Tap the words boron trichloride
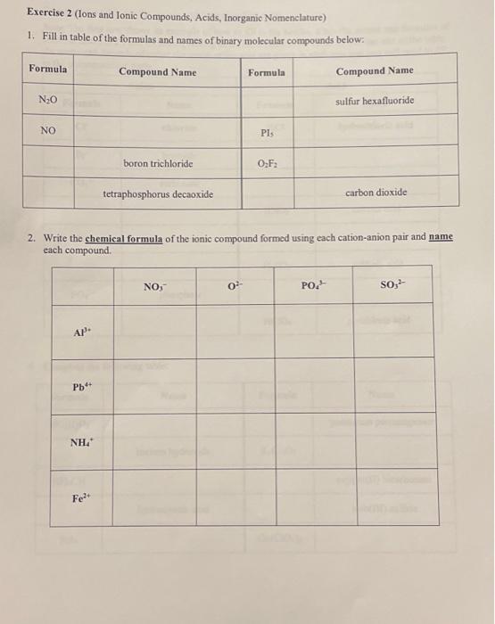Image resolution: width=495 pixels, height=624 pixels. coord(158,164)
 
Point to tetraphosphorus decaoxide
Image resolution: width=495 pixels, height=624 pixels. coord(158,193)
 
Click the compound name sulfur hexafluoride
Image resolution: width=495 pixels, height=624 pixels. coord(375,101)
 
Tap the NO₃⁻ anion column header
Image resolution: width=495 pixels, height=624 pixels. coord(153,286)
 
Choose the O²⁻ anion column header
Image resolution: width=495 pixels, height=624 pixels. coord(235,286)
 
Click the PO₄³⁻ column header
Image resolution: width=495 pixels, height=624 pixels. coord(315,286)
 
